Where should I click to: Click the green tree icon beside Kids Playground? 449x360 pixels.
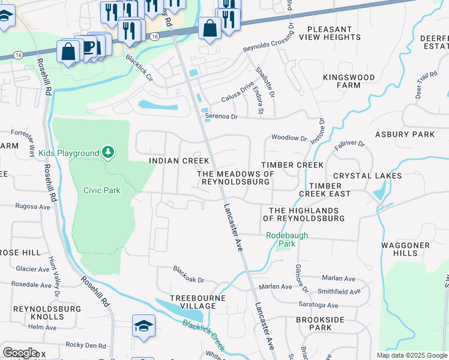pyautogui.click(x=108, y=153)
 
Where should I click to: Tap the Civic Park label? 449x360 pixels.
pyautogui.click(x=102, y=191)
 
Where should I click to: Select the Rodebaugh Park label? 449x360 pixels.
pyautogui.click(x=287, y=240)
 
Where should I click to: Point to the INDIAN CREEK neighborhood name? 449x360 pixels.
pyautogui.click(x=179, y=161)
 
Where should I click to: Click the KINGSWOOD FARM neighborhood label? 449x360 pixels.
pyautogui.click(x=349, y=82)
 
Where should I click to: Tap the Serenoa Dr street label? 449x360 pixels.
pyautogui.click(x=221, y=116)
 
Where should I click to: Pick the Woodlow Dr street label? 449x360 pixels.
pyautogui.click(x=289, y=137)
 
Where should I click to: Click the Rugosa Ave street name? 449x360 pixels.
pyautogui.click(x=33, y=206)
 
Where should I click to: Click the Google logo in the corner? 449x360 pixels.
pyautogui.click(x=20, y=353)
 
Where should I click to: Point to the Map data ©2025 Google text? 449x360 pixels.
pyautogui.click(x=411, y=355)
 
